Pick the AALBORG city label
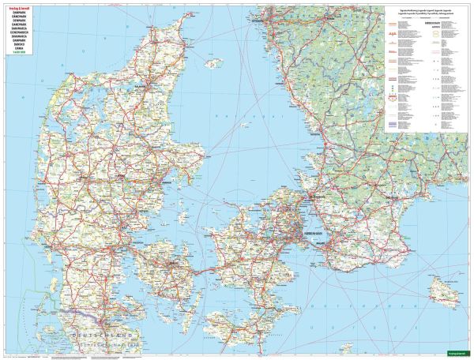pyautogui.click(x=143, y=81)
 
